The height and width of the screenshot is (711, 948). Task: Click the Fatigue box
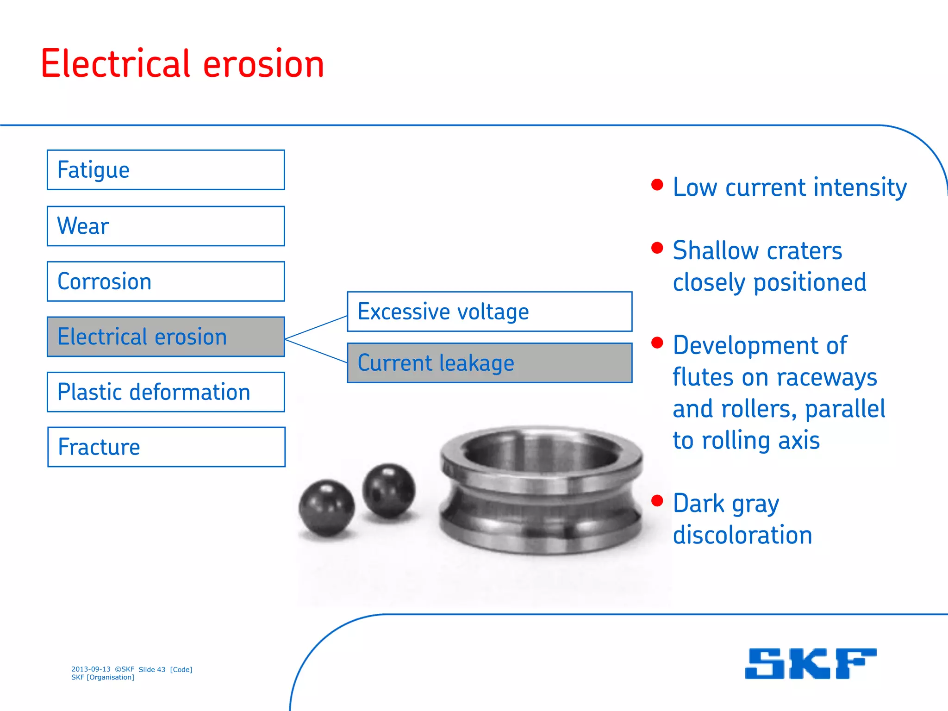(166, 170)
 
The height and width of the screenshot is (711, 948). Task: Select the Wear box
(166, 226)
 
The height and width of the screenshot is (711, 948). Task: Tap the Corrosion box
(166, 281)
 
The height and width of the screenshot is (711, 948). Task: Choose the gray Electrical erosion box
(166, 337)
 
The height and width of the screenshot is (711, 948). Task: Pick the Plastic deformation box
(166, 392)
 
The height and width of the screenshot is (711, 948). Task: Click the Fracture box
(166, 447)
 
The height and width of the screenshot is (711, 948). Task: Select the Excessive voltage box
(490, 312)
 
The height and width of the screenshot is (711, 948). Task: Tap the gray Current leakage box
(490, 363)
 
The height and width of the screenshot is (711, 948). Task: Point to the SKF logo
(811, 664)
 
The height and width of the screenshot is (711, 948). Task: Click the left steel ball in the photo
(327, 508)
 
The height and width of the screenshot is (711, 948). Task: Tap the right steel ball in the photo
(388, 490)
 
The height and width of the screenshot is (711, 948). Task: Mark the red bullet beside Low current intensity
(657, 185)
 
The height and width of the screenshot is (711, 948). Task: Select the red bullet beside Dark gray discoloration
(657, 500)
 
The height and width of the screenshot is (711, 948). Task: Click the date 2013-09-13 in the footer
(91, 669)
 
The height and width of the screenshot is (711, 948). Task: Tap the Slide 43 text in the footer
(152, 669)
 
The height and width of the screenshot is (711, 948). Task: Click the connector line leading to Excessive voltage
(316, 328)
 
